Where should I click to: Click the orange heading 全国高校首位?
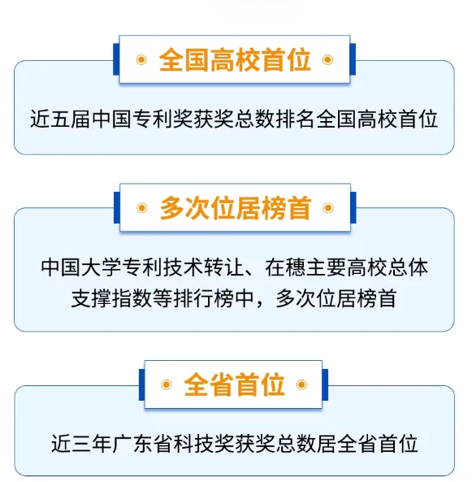(235, 59)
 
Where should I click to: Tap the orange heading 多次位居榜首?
(236, 208)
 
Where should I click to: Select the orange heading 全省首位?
(234, 384)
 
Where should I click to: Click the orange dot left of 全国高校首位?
(141, 59)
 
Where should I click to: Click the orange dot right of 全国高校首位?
(327, 59)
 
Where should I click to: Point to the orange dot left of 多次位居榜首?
(141, 208)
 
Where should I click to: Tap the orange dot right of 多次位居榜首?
(328, 208)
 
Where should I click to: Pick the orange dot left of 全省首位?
(167, 384)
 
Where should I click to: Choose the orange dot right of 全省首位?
(301, 384)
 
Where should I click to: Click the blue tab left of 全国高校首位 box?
(116, 59)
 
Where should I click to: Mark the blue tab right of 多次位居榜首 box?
(353, 207)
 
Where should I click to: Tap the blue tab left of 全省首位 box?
(141, 384)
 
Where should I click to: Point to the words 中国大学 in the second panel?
(80, 267)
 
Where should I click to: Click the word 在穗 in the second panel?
(285, 267)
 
